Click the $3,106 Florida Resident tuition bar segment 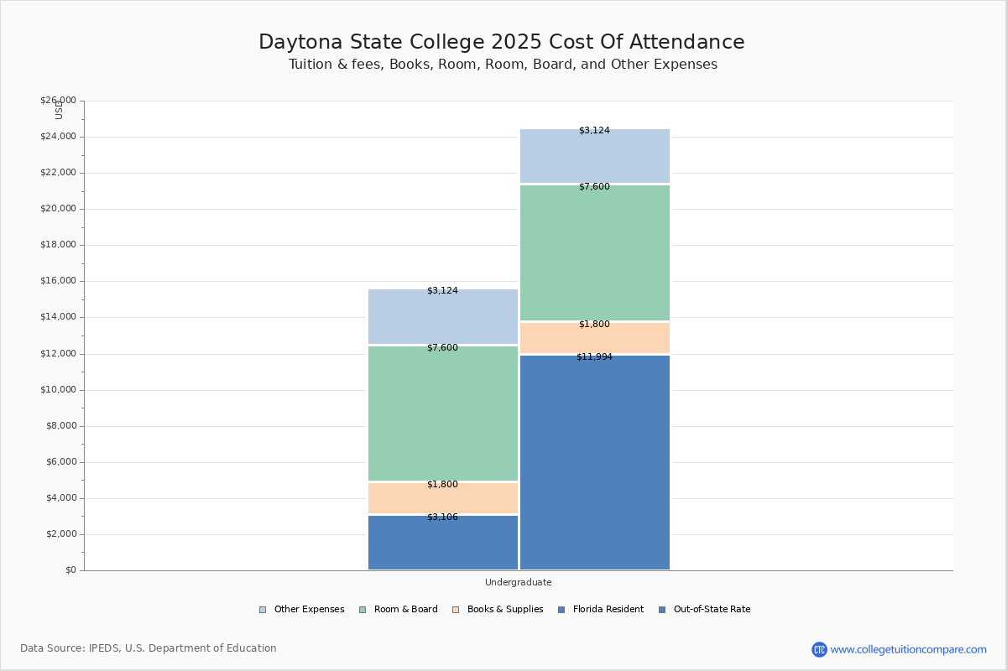(443, 544)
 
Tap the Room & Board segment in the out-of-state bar (595, 252)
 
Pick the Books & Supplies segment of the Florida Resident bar (443, 498)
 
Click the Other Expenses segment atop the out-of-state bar (595, 156)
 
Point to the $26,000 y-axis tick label (58, 101)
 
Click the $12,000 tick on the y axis (58, 354)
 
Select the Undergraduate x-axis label (519, 582)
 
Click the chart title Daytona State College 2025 (502, 42)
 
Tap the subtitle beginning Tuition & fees (503, 65)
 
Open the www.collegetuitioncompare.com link (908, 649)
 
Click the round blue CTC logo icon (819, 649)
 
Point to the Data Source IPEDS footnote (149, 648)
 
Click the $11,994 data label (594, 357)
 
